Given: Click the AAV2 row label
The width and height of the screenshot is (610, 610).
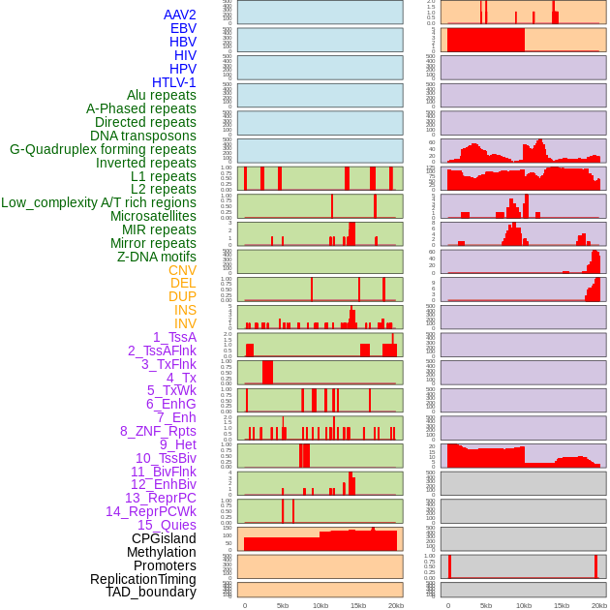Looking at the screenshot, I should click(179, 15).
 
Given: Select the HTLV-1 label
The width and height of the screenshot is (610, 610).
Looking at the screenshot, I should click(173, 82).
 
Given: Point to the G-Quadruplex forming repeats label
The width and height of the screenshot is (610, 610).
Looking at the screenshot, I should click(103, 149).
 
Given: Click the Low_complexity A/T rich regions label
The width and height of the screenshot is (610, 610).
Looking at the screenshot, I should click(99, 202).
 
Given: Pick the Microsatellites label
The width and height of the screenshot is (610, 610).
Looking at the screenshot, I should click(153, 216).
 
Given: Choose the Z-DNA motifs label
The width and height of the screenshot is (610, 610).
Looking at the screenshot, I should click(156, 257).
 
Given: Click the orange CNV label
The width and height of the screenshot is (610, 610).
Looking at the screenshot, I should click(182, 270).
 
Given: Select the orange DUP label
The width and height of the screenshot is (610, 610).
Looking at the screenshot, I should click(182, 296).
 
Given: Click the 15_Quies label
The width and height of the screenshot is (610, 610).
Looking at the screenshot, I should click(166, 525).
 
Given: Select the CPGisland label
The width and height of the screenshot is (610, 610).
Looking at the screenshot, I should click(164, 538).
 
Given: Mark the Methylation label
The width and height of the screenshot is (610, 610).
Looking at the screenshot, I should click(162, 552).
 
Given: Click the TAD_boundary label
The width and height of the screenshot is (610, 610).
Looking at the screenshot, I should click(150, 592).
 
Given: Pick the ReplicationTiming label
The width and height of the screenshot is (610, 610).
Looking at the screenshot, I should click(142, 579).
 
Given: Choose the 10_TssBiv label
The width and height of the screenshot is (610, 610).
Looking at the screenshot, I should click(166, 458).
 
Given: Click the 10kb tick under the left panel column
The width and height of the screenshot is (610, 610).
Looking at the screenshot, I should click(320, 605).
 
